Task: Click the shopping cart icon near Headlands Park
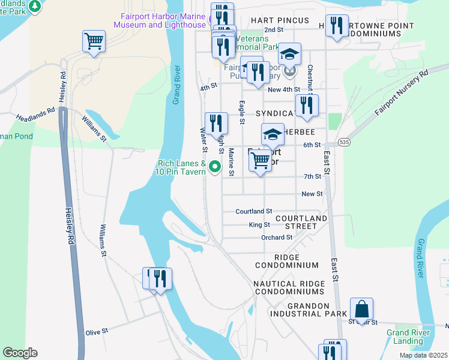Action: pos(94,42)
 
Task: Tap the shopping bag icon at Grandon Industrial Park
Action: pos(361,309)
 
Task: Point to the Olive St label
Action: pos(96,331)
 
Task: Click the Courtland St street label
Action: pos(254,211)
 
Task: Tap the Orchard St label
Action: pos(276,238)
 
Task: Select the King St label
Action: pos(259,225)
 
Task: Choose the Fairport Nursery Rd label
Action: pos(401,92)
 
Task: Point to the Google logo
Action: pos(20,353)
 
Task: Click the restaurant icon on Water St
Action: pos(216,124)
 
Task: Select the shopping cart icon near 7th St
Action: pos(259,160)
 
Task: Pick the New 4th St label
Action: pos(284,90)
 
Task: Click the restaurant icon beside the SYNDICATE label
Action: pos(307,105)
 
